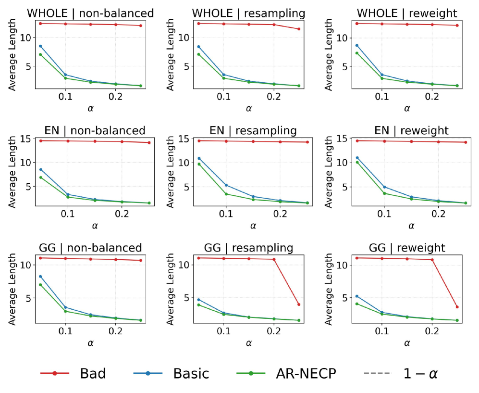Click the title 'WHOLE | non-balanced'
[90, 13]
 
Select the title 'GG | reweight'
[406, 248]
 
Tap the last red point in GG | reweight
[457, 307]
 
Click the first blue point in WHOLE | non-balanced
[40, 46]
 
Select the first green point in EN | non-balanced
[40, 177]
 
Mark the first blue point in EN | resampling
[198, 158]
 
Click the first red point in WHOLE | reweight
[356, 23]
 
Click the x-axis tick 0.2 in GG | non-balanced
[115, 331]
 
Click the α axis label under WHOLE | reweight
[406, 108]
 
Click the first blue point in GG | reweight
[356, 296]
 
